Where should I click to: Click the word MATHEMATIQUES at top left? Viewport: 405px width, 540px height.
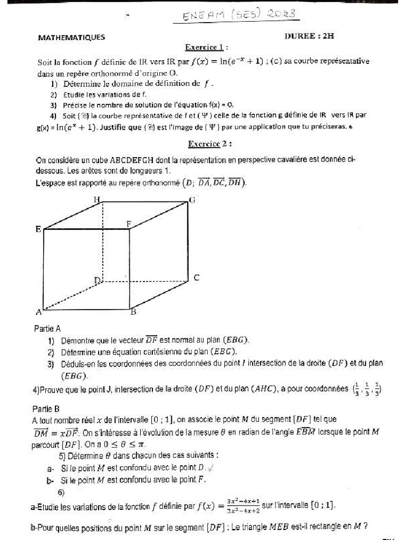(72, 37)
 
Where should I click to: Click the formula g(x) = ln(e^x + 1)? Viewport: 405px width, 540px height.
(67, 127)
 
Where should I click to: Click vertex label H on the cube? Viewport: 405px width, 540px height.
(97, 199)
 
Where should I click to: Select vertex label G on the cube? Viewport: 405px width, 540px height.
(192, 200)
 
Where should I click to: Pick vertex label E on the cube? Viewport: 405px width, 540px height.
(38, 229)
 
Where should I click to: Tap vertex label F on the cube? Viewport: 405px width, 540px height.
(128, 224)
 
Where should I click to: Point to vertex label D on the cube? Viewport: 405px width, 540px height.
(97, 281)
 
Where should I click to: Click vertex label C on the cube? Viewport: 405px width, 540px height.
(196, 278)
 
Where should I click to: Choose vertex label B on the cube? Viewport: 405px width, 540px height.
(133, 312)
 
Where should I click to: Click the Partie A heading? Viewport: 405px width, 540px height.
(47, 329)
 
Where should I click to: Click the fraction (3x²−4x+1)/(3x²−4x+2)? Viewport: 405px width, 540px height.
(243, 505)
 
